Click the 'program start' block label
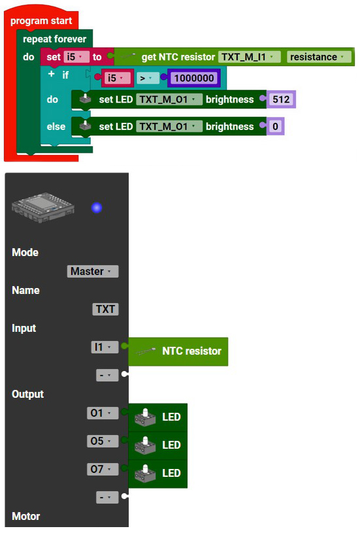[41, 21]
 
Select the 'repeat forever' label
[54, 39]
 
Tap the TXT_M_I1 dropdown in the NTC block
[249, 57]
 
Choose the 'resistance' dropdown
[319, 57]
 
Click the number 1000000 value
[194, 78]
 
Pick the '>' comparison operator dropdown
[148, 78]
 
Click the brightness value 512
[281, 99]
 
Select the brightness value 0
[275, 127]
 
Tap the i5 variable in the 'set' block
[76, 57]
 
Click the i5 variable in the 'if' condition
[116, 78]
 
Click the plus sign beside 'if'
[52, 74]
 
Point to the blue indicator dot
[97, 208]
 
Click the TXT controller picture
[43, 207]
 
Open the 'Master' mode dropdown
[93, 271]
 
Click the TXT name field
[105, 309]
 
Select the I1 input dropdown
[105, 347]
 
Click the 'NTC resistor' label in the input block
[191, 351]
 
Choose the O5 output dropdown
[103, 441]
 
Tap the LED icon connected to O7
[145, 474]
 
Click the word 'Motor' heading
[26, 516]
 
